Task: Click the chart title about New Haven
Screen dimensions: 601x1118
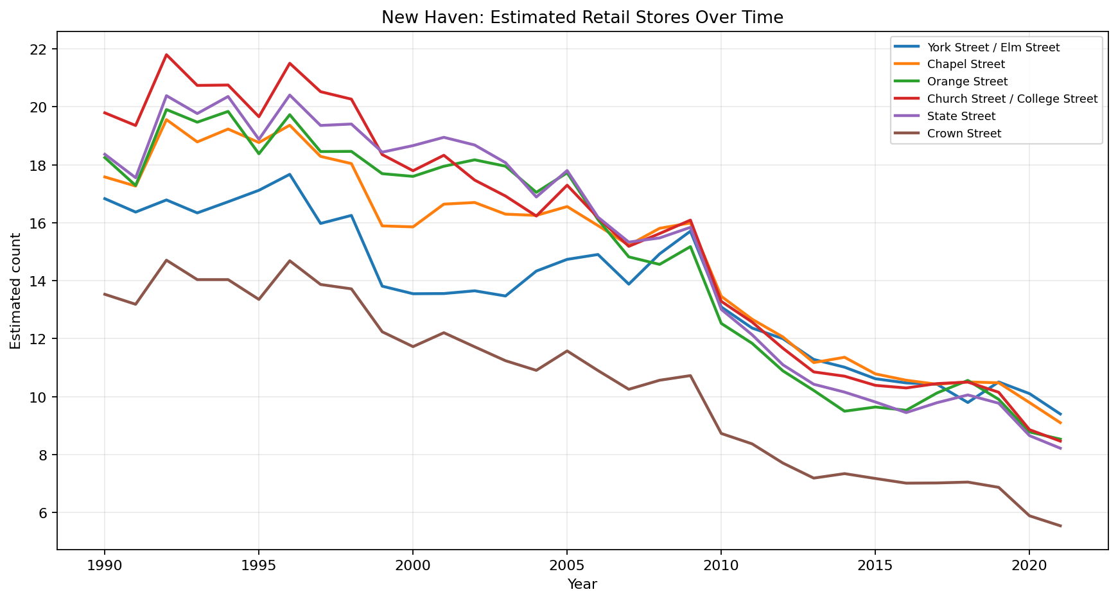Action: [582, 17]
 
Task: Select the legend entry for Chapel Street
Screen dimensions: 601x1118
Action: [966, 65]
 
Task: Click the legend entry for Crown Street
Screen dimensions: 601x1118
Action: [964, 134]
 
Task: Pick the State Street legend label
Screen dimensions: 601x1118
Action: [961, 116]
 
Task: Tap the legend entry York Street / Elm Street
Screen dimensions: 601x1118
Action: [993, 48]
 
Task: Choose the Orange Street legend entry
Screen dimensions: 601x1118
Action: [967, 82]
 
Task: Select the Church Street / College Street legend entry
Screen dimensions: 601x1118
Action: [1012, 99]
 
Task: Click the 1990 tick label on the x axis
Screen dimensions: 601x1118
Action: [104, 566]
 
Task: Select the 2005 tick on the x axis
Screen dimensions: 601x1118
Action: [566, 566]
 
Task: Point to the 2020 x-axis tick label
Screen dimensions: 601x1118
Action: [1029, 566]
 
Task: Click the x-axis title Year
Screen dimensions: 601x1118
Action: [582, 584]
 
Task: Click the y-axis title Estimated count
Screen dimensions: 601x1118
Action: [16, 291]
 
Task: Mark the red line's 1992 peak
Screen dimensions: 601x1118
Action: [166, 55]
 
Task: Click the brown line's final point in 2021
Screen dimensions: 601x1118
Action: [1060, 526]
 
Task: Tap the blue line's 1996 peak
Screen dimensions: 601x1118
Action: [290, 174]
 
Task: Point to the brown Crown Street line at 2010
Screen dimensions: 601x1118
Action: [721, 433]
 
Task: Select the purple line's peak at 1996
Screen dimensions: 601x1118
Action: [290, 95]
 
